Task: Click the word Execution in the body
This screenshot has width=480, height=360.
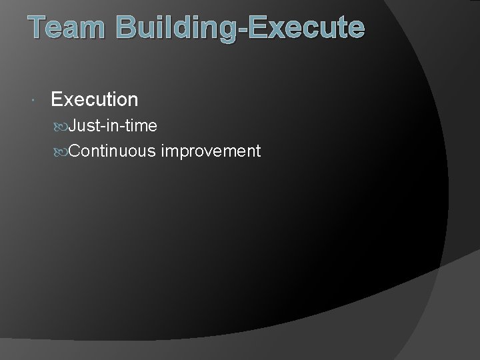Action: click(x=94, y=100)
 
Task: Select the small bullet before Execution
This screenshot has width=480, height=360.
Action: click(x=33, y=101)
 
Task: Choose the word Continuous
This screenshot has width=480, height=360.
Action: click(x=113, y=151)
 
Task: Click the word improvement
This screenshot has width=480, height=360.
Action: click(x=211, y=152)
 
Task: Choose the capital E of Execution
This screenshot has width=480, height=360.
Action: click(x=57, y=100)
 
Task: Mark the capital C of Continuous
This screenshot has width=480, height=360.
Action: click(x=75, y=151)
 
